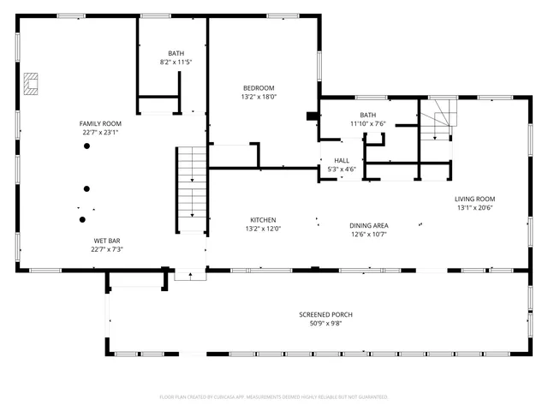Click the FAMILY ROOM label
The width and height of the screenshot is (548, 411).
[x=100, y=123]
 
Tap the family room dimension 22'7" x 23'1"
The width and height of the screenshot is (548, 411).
[x=100, y=133]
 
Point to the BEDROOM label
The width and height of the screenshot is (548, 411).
[x=258, y=88]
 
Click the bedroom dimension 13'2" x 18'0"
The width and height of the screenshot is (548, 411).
[x=258, y=97]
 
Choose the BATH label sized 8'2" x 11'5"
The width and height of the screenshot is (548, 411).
[x=176, y=53]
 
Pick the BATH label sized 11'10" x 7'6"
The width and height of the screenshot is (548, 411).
[x=368, y=115]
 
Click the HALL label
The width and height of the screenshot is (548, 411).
[x=342, y=160]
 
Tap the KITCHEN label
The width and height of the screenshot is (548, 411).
[x=263, y=219]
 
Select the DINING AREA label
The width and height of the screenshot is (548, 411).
[x=369, y=225]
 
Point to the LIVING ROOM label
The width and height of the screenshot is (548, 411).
[x=474, y=199]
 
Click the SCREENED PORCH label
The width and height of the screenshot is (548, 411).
[x=325, y=314]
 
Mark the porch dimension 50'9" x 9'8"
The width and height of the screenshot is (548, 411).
[x=325, y=324]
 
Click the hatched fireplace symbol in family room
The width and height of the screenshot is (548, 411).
[x=32, y=81]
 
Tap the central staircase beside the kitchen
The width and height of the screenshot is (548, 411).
[x=192, y=188]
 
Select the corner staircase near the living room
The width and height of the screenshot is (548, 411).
[x=440, y=119]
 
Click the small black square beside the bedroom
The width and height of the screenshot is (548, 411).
[x=311, y=116]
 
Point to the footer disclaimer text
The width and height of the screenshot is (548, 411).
[x=274, y=397]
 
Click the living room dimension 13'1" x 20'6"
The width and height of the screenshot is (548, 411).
[x=474, y=207]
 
